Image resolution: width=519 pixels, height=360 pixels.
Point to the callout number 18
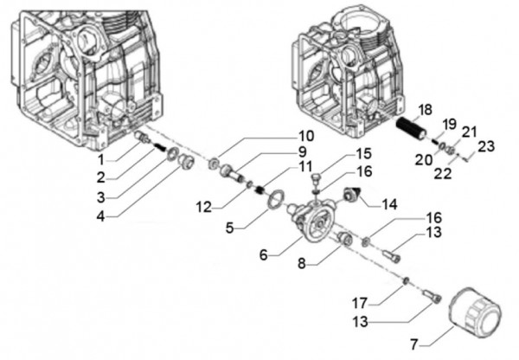click(x=423, y=109)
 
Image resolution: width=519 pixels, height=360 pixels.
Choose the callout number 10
click(x=306, y=136)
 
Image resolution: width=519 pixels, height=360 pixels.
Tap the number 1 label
click(x=100, y=159)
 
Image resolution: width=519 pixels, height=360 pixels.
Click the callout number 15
click(x=363, y=154)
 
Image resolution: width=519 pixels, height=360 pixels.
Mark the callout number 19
click(x=448, y=123)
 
